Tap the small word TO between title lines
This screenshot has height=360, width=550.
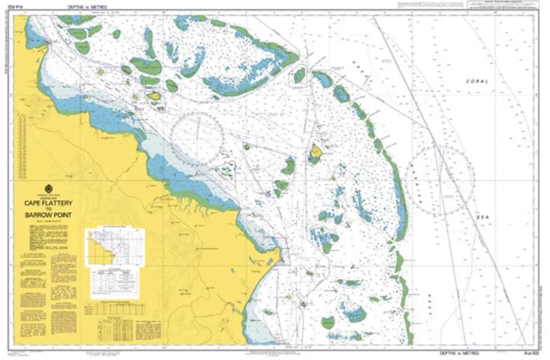(48, 208)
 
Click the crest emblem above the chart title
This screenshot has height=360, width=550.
(48, 188)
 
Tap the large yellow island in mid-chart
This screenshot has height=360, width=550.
(316, 152)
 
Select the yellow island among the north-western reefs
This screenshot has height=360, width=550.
(155, 96)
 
